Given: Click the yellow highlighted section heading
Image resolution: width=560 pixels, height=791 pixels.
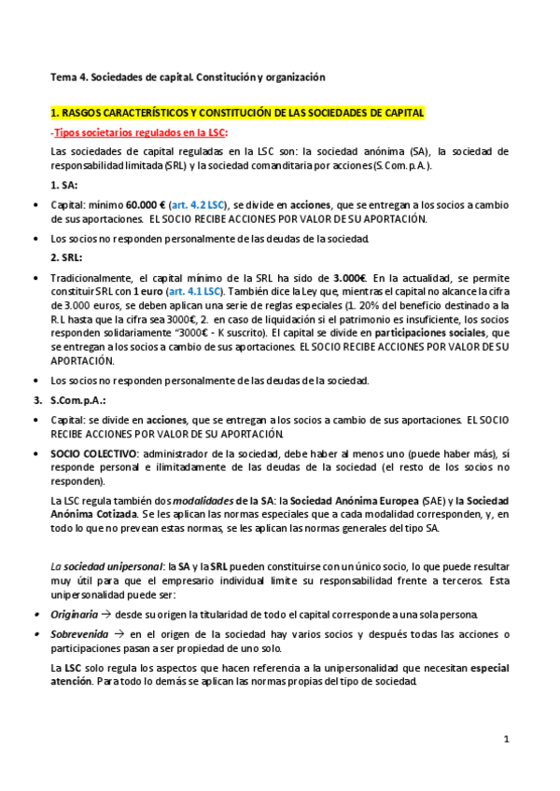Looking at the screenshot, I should [x=237, y=113].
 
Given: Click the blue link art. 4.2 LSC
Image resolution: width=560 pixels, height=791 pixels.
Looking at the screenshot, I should [x=197, y=204].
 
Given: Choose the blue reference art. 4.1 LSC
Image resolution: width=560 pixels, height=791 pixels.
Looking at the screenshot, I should [x=191, y=291].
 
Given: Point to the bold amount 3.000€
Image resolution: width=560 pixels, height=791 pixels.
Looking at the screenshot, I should [x=351, y=278].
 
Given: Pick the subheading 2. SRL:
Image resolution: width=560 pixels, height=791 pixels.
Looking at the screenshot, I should [x=66, y=257].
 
